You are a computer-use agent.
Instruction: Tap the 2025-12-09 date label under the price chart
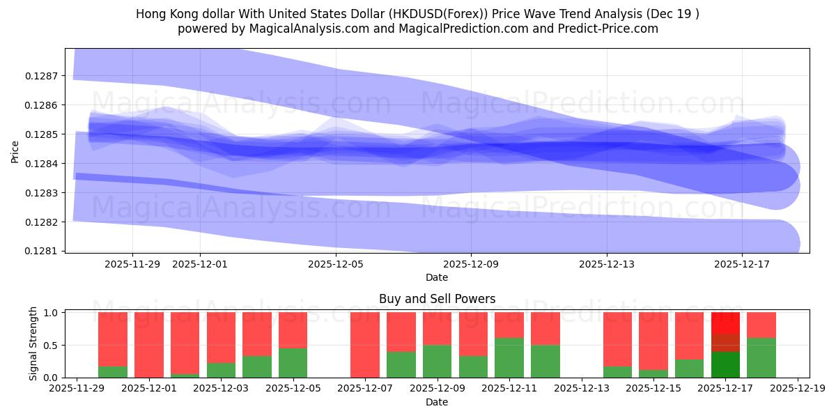click(471, 264)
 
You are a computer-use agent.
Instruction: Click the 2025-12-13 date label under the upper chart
click(607, 264)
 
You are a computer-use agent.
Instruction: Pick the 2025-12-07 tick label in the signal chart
click(365, 389)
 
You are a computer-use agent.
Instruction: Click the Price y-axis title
click(15, 150)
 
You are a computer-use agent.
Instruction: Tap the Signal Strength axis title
click(33, 344)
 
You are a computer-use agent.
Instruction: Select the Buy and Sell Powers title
click(437, 299)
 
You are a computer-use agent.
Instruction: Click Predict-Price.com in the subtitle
click(609, 29)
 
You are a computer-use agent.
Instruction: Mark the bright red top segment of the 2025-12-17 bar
click(725, 323)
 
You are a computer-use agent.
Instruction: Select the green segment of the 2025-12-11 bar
click(509, 357)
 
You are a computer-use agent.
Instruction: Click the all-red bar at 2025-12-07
click(365, 345)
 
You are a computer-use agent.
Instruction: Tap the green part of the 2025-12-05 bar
click(293, 362)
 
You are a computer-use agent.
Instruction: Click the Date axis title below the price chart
click(437, 277)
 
